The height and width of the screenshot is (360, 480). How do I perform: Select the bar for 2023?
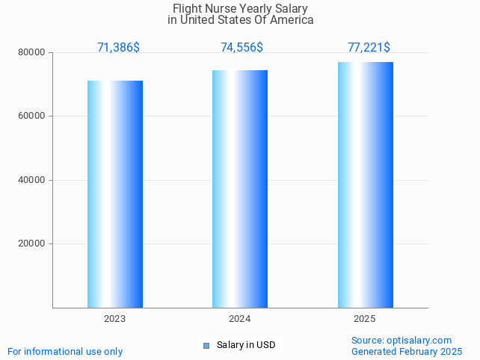(115, 194)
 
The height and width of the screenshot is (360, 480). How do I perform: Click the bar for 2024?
(240, 189)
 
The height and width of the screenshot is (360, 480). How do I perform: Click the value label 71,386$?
(118, 48)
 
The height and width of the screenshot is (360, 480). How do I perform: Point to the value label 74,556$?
(241, 48)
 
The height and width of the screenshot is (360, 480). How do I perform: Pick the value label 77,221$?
(369, 48)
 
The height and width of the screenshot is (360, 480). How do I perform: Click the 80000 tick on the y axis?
(31, 53)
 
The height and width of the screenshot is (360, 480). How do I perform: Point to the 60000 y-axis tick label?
(31, 117)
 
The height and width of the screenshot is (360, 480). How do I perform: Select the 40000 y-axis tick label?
(31, 180)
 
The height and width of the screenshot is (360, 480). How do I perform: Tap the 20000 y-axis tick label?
(31, 243)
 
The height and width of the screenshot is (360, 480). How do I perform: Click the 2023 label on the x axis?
(115, 319)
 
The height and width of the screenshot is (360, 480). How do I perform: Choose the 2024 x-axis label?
(240, 319)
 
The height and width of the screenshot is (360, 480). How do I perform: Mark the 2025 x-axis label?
(365, 319)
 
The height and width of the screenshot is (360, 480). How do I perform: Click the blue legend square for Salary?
(206, 345)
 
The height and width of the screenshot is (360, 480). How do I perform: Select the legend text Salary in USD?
(246, 345)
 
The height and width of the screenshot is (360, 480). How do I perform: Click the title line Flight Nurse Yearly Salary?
(240, 8)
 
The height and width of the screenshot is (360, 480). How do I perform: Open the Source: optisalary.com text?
(401, 340)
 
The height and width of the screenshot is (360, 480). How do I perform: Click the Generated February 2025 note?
(407, 351)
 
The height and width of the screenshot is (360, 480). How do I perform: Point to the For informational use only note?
(65, 351)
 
